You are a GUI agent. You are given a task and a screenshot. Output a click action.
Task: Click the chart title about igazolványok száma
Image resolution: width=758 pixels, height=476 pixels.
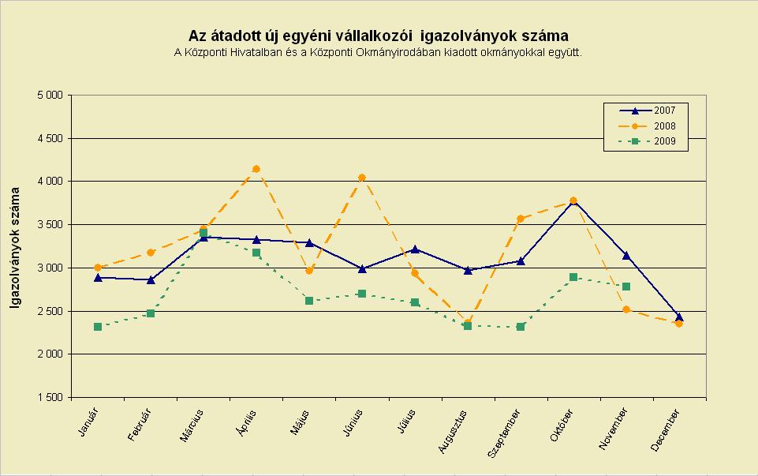coord(378,36)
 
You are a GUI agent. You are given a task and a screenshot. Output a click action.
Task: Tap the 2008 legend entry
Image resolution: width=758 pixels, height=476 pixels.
coord(648,126)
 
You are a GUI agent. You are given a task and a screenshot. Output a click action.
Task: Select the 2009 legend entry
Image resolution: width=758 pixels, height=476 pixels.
coord(648,141)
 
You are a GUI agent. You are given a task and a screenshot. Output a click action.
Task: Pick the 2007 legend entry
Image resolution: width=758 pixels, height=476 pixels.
coord(648,111)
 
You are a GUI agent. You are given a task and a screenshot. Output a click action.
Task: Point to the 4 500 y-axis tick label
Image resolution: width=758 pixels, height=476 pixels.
coord(50,138)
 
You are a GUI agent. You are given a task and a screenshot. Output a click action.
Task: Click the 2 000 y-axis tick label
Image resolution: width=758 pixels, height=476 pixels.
coord(50,354)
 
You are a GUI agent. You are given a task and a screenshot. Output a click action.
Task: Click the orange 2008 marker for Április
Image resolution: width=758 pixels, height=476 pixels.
coord(256,169)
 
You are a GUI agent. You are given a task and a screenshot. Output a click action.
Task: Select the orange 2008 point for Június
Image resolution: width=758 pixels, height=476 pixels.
coord(362,178)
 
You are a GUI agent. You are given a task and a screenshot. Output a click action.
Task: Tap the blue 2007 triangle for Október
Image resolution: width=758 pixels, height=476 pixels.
coord(573,202)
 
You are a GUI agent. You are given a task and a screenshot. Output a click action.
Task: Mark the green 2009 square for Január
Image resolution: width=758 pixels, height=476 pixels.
coord(98,327)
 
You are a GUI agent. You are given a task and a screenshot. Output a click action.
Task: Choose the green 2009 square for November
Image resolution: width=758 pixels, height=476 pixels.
coord(626,287)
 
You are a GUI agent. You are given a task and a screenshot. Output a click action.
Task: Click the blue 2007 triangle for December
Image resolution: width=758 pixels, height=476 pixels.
coord(678,317)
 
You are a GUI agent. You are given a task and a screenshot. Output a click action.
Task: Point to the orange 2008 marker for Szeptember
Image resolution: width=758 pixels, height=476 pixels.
coord(521,219)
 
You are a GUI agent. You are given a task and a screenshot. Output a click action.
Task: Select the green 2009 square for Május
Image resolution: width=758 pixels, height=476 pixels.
coord(309,301)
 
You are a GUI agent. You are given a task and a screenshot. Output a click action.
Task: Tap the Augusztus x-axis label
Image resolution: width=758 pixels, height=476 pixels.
coord(453,432)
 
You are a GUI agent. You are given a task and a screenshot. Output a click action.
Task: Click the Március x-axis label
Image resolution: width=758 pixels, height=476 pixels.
coord(192,425)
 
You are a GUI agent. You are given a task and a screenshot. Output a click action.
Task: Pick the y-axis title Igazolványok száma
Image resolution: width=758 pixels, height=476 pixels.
coord(15,247)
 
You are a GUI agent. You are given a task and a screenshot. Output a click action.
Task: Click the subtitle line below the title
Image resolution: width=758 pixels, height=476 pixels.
coord(378,52)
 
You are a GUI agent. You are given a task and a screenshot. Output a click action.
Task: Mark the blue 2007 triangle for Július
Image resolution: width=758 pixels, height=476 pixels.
coord(415,249)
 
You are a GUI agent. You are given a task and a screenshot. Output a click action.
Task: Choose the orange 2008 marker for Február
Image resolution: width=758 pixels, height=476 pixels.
coord(151,253)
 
